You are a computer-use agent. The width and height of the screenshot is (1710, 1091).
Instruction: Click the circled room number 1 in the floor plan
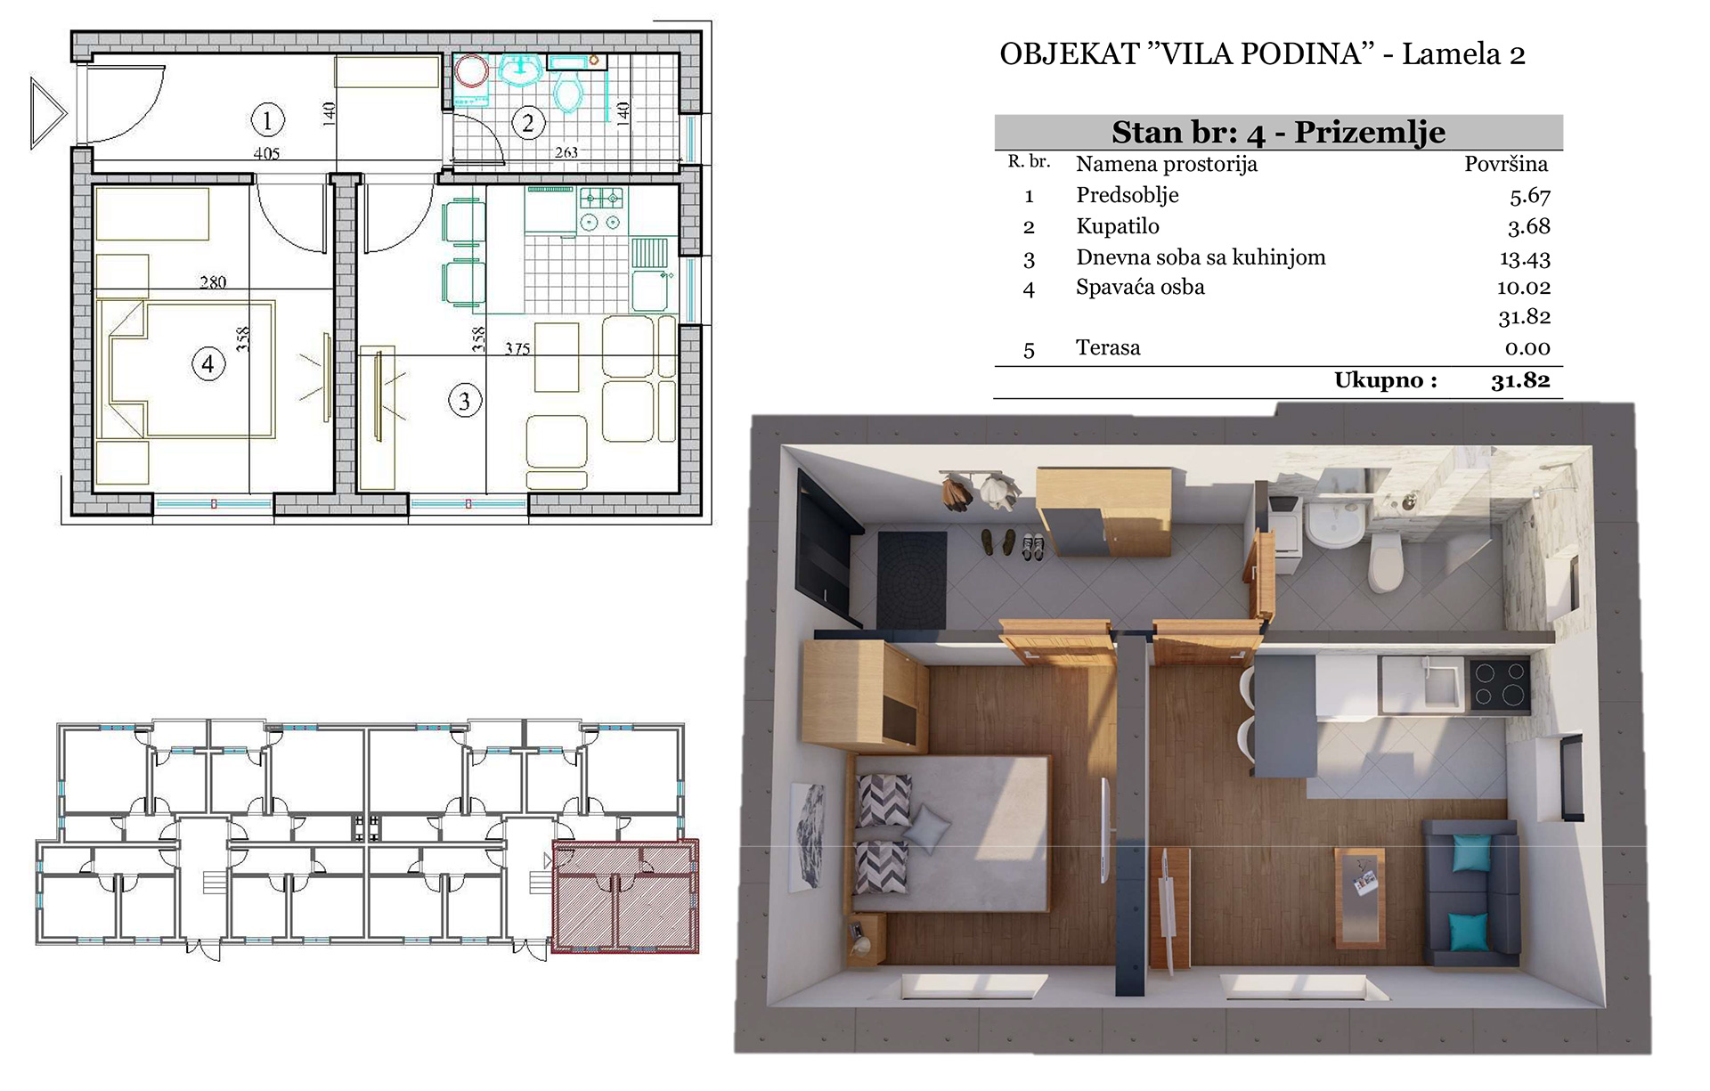(x=267, y=118)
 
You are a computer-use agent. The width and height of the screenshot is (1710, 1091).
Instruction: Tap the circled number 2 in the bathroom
(x=528, y=123)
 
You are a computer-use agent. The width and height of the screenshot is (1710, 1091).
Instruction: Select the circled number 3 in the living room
(x=464, y=401)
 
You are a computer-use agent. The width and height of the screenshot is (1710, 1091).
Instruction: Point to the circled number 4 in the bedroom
(x=208, y=363)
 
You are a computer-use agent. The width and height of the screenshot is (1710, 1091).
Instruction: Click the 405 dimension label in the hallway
(x=266, y=153)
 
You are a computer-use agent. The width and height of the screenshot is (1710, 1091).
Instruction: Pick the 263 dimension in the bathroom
(x=566, y=152)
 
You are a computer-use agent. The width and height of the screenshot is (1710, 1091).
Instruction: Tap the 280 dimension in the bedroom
(x=213, y=282)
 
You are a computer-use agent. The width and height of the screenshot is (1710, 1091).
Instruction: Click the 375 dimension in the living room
(x=517, y=349)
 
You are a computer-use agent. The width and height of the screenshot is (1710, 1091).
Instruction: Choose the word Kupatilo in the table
(x=1118, y=226)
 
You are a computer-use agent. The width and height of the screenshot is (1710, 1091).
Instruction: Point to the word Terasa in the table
(x=1108, y=347)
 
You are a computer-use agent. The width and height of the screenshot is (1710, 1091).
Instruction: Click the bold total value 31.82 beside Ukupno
(x=1521, y=380)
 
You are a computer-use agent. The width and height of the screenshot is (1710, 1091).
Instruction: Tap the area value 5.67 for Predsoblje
(x=1530, y=196)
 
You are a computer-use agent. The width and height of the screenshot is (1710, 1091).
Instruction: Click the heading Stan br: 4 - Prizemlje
(x=1278, y=133)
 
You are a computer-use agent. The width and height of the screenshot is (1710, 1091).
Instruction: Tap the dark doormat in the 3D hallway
(x=913, y=580)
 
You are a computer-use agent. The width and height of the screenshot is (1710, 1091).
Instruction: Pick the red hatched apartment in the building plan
(x=625, y=896)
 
